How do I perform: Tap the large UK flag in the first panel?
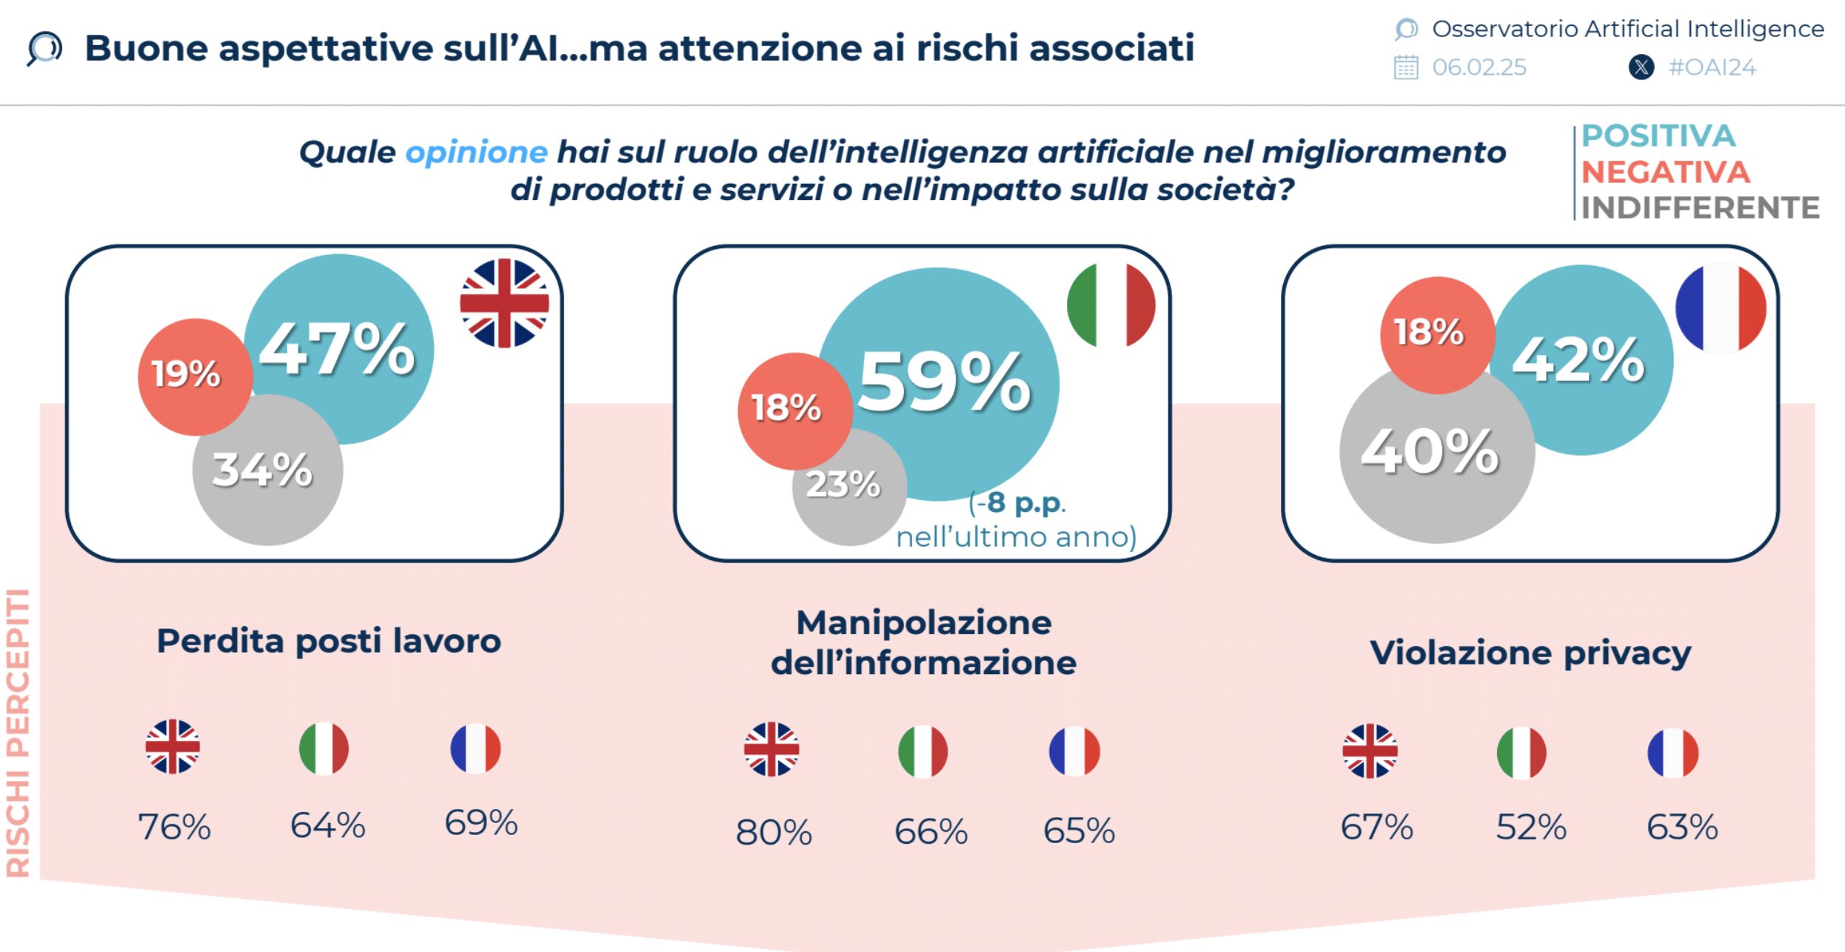pyautogui.click(x=504, y=303)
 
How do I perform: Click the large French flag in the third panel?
pyautogui.click(x=1721, y=307)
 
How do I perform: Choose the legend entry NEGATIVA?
pyautogui.click(x=1665, y=172)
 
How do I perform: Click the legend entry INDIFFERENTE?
pyautogui.click(x=1700, y=208)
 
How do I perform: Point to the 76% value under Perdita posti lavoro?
pyautogui.click(x=175, y=827)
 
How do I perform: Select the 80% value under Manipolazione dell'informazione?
pyautogui.click(x=774, y=832)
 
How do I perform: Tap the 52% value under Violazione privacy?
pyautogui.click(x=1531, y=827)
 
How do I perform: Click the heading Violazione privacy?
pyautogui.click(x=1530, y=653)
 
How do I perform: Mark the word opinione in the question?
pyautogui.click(x=476, y=152)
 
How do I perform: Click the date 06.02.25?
pyautogui.click(x=1479, y=67)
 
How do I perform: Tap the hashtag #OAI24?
pyautogui.click(x=1712, y=67)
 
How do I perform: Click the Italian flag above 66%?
pyautogui.click(x=923, y=750)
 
